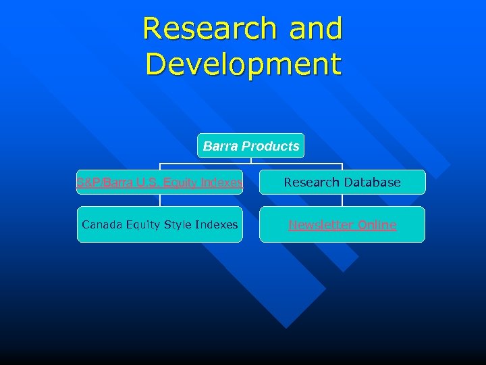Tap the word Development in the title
coord(243,64)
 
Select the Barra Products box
coord(250,146)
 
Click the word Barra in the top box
coord(220,146)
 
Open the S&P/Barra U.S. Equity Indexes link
coord(159,182)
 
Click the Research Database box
coord(342,182)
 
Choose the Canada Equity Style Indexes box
coord(159,224)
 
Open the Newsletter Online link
coord(342,225)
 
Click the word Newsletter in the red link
coord(322,225)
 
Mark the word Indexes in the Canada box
coord(218,224)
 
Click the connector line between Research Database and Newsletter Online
coord(342,201)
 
